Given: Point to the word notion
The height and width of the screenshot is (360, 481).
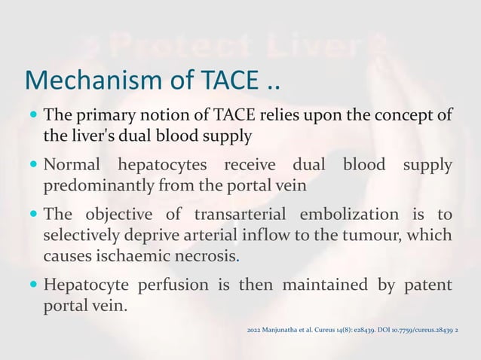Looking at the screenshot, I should coord(162,116).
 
